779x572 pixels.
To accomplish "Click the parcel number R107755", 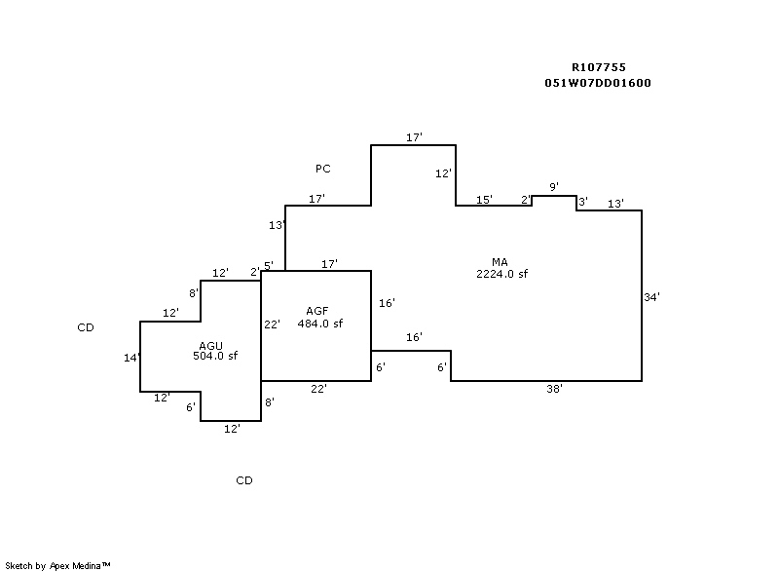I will click(x=598, y=67).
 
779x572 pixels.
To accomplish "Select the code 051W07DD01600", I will click(x=598, y=83).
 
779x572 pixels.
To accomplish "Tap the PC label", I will click(x=322, y=169).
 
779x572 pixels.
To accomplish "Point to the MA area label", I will click(x=500, y=261).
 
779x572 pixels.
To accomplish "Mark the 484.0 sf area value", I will click(x=319, y=324).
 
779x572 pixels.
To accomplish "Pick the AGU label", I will click(x=211, y=345).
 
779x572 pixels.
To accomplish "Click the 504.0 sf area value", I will click(x=215, y=356).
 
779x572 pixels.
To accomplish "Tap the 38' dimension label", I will click(x=554, y=388).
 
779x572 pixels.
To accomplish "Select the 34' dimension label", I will click(x=652, y=297).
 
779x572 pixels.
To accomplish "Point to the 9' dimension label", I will click(x=554, y=186).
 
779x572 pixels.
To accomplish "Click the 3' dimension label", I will click(x=582, y=202).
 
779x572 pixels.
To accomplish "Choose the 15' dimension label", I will click(x=484, y=200).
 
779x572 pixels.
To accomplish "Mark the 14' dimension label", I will click(x=132, y=358).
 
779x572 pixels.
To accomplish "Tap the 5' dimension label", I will click(x=269, y=265).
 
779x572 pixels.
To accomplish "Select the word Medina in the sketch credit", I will click(x=91, y=565).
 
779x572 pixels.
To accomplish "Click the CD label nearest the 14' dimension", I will click(x=86, y=327).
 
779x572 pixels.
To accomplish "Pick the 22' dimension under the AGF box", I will click(x=317, y=388).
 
